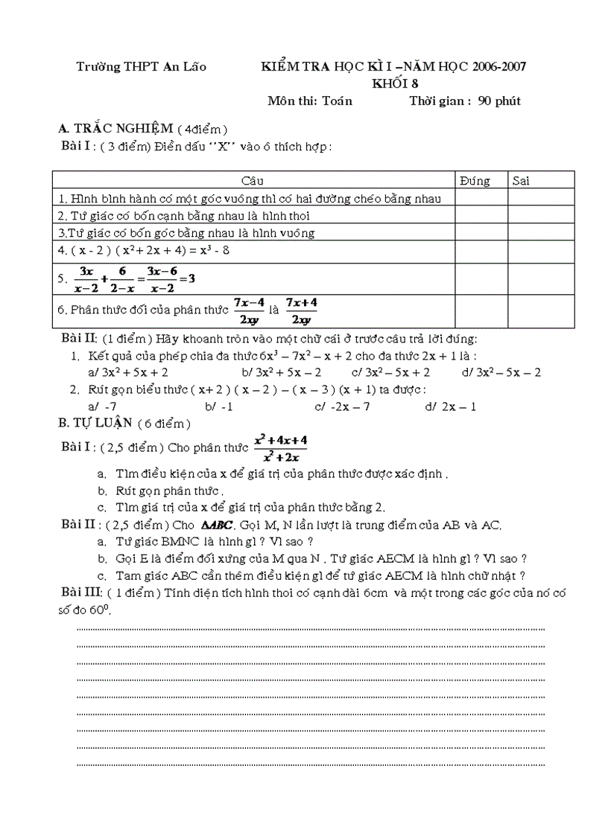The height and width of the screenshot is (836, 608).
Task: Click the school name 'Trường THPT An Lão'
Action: tap(141, 67)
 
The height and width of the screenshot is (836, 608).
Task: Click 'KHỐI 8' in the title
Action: tap(396, 84)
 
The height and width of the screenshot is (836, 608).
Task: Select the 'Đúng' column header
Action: tap(475, 181)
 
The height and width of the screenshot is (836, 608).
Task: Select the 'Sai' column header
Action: tap(521, 181)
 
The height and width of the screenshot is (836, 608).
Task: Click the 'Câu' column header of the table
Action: tap(253, 181)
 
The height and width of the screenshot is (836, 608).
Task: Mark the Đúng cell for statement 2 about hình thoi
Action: tap(481, 215)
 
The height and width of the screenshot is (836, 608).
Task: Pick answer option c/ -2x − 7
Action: tap(343, 406)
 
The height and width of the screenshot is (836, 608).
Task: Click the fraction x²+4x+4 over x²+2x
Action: tap(281, 448)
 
